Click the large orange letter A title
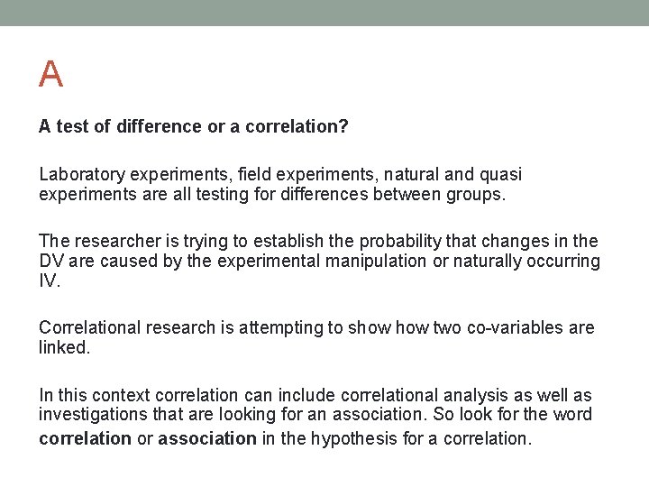pyautogui.click(x=50, y=74)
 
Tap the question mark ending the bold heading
pyautogui.click(x=344, y=127)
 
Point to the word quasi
pyautogui.click(x=501, y=174)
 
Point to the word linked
pyautogui.click(x=63, y=347)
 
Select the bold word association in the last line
pyautogui.click(x=206, y=438)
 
